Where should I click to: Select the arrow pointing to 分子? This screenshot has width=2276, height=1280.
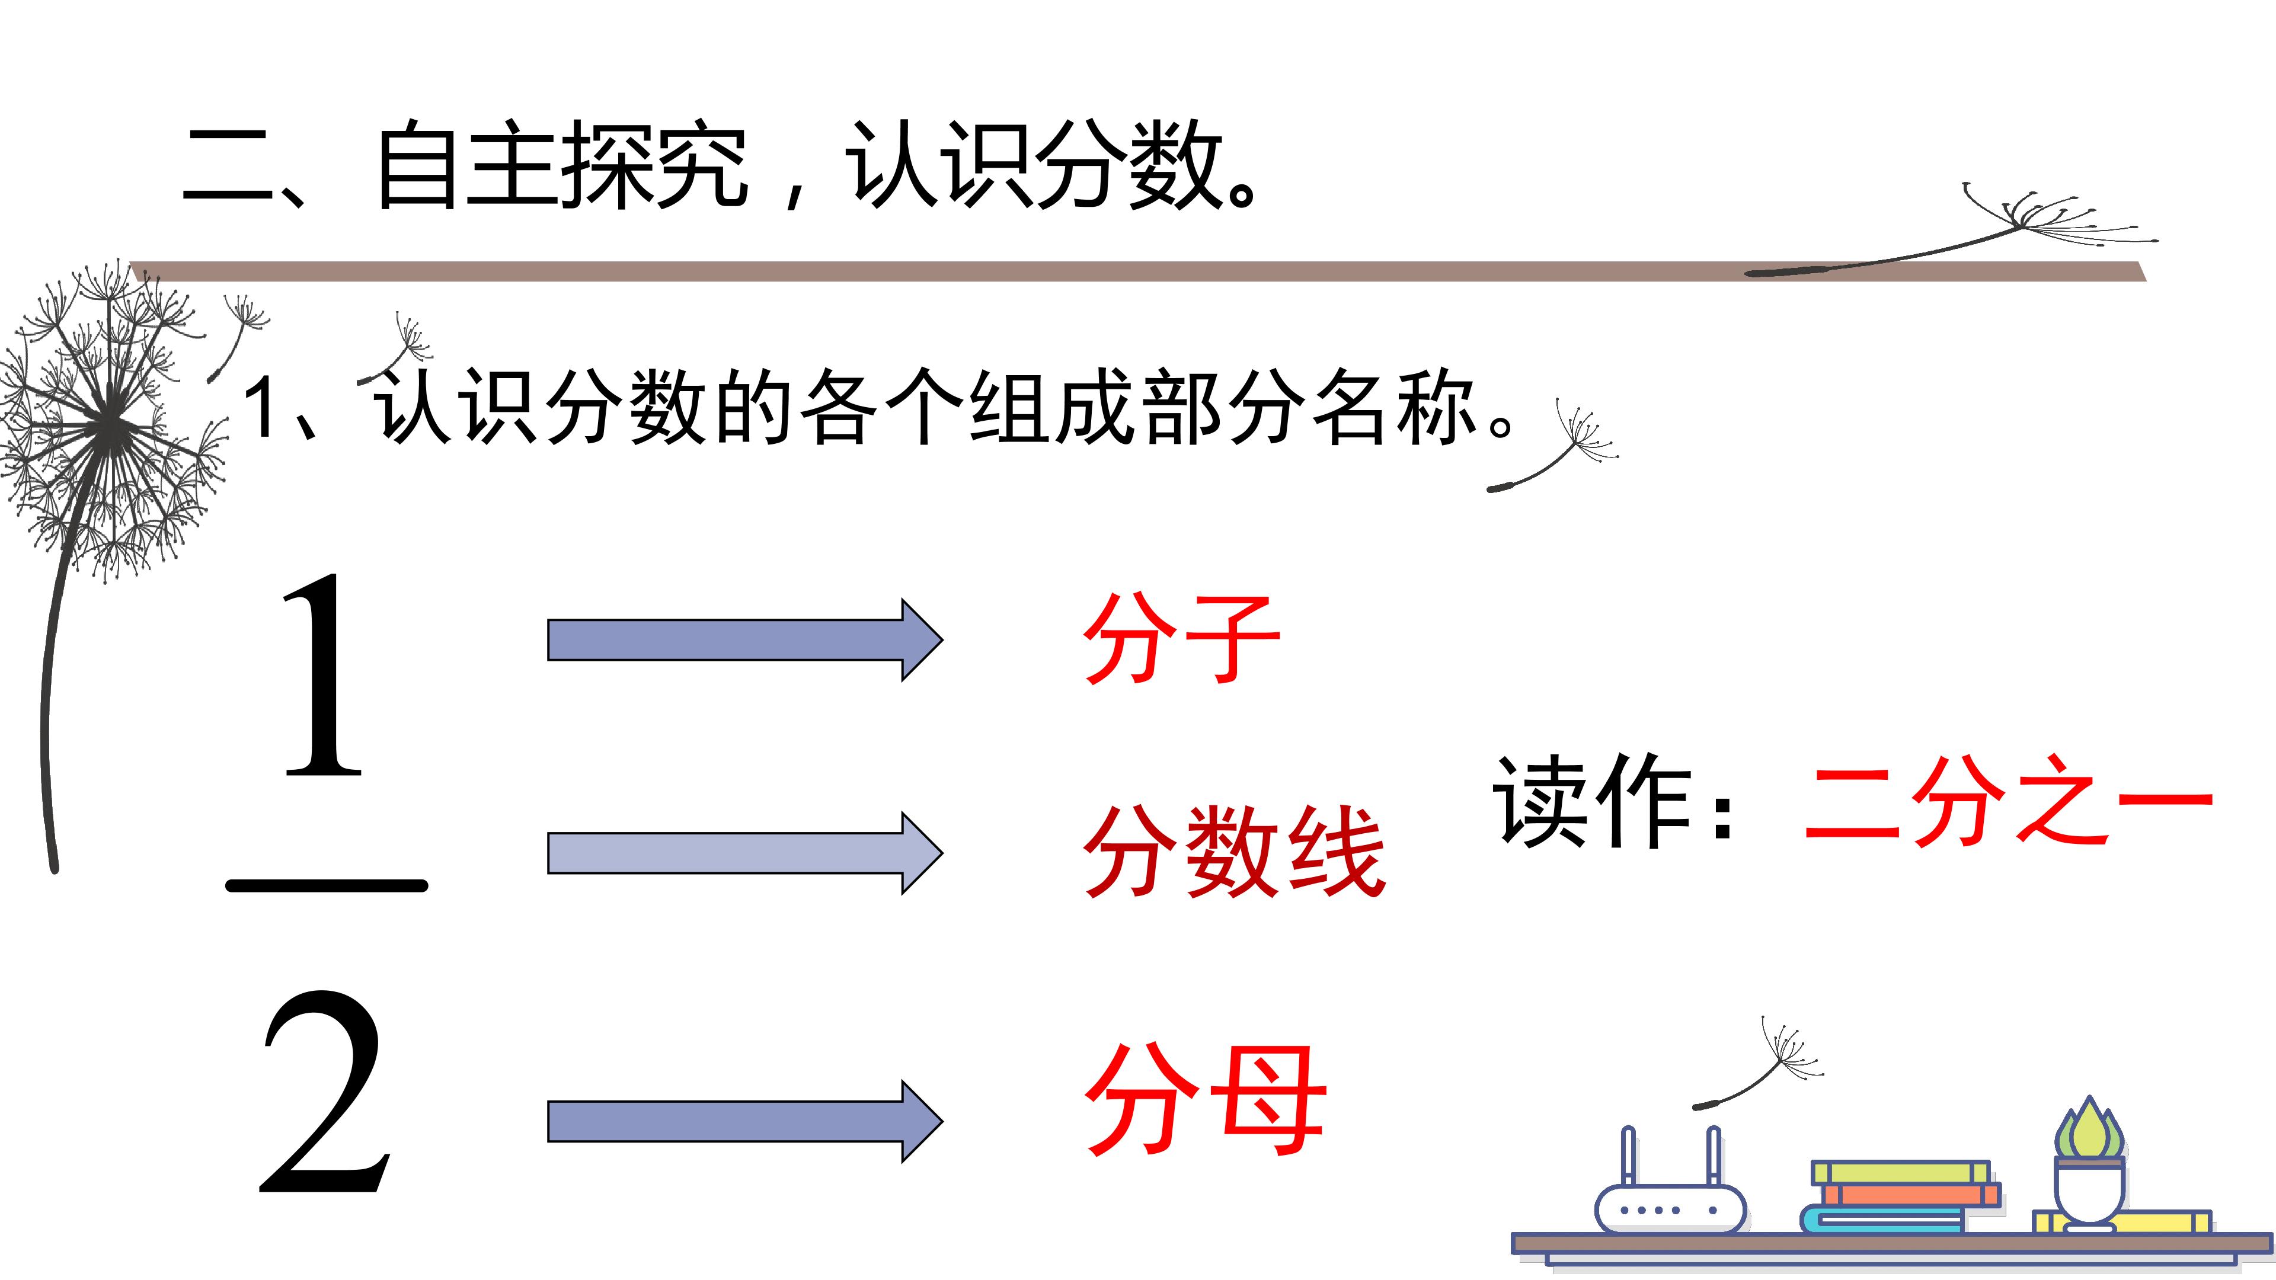coord(745,639)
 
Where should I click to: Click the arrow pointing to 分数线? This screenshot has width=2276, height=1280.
coord(745,853)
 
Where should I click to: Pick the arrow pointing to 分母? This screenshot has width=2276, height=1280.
coord(745,1121)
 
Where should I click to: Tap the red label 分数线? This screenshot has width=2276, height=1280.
coord(1233,853)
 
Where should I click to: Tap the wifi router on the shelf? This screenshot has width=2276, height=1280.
coord(1670,1182)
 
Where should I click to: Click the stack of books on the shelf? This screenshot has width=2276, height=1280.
coord(1900,1198)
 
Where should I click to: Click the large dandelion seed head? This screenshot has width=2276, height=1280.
coord(110,424)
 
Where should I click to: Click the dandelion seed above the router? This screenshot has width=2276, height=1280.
coord(1758,1064)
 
